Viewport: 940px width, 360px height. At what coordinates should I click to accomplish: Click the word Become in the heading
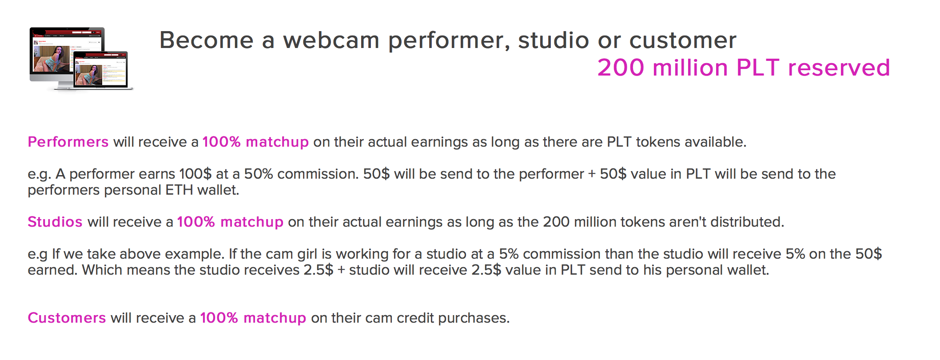pyautogui.click(x=207, y=40)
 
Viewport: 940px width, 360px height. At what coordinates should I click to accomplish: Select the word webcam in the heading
pyautogui.click(x=331, y=40)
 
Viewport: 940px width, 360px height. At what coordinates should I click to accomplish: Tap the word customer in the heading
pyautogui.click(x=683, y=41)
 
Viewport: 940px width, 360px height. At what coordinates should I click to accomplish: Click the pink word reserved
pyautogui.click(x=839, y=68)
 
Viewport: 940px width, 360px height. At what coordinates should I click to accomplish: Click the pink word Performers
pyautogui.click(x=68, y=142)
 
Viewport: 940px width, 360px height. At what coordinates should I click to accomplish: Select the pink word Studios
pyautogui.click(x=55, y=222)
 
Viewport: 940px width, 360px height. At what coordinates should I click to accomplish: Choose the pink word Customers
pyautogui.click(x=67, y=318)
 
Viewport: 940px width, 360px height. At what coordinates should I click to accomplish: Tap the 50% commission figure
pyautogui.click(x=258, y=174)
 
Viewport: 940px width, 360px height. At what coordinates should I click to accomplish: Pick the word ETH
pyautogui.click(x=179, y=190)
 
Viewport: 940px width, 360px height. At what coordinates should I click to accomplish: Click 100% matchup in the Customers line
pyautogui.click(x=253, y=318)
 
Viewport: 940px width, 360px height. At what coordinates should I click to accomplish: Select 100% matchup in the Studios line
pyautogui.click(x=230, y=222)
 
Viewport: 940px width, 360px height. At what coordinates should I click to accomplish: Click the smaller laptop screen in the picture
pyautogui.click(x=101, y=70)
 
